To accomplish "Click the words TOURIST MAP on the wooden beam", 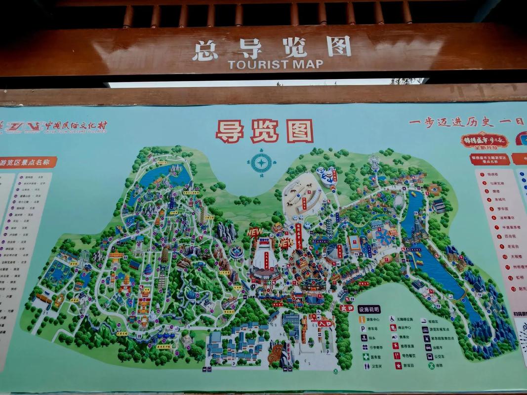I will [x=275, y=64].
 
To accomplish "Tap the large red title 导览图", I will [x=264, y=131].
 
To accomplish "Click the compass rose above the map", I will [x=261, y=162].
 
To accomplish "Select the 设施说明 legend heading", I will [x=369, y=310].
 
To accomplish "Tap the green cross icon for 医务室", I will [x=366, y=356].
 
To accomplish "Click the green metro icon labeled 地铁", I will [x=431, y=366].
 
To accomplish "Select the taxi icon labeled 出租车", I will [x=427, y=347].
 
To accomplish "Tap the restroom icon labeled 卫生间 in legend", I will [x=366, y=366].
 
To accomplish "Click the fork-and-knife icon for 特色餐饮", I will [x=397, y=356].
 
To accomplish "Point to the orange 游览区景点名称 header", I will [x=28, y=162].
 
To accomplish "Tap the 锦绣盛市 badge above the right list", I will [x=485, y=141].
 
